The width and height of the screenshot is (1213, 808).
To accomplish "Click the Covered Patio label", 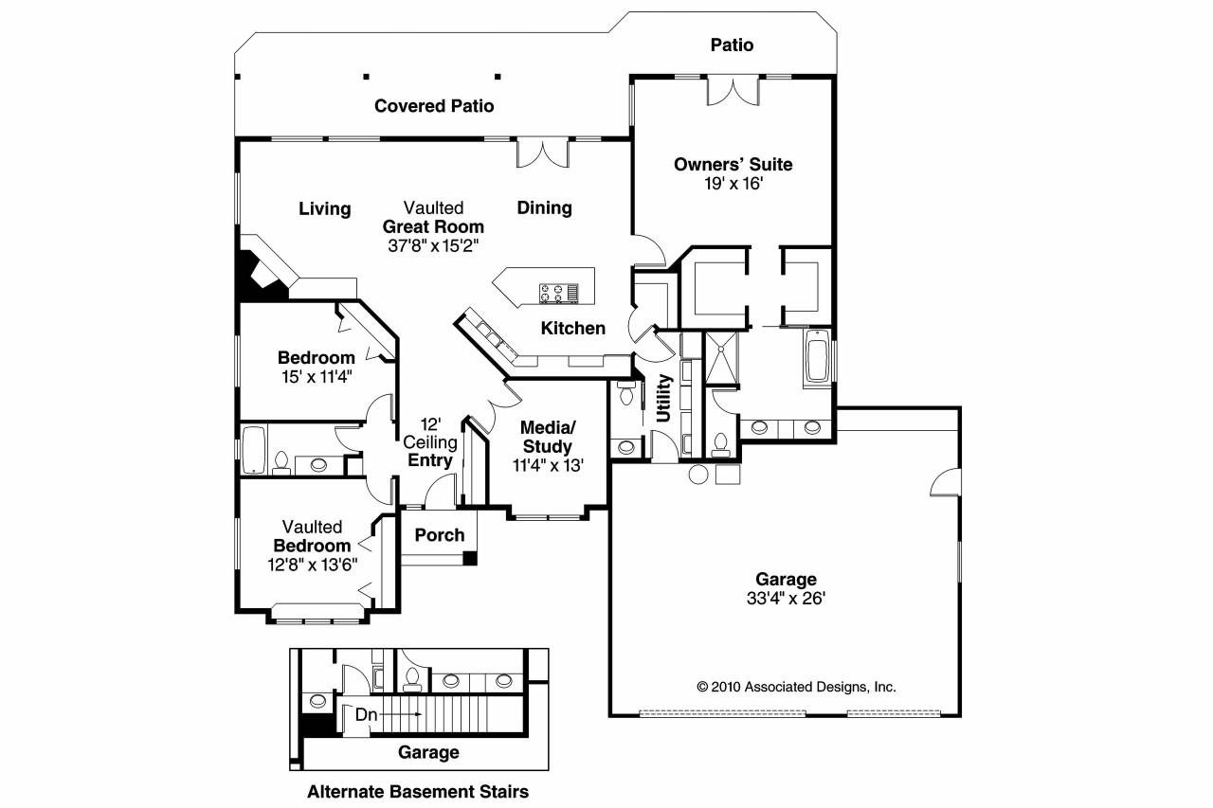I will [434, 106].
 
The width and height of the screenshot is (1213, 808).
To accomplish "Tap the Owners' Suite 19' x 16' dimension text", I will [733, 184].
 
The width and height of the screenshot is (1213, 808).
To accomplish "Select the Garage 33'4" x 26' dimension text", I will [786, 598].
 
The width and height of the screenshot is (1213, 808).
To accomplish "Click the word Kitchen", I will [572, 329].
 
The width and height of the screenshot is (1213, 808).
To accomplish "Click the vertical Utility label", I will [664, 398].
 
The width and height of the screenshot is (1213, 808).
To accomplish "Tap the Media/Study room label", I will [547, 438].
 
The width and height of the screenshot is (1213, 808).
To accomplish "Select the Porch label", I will [440, 535].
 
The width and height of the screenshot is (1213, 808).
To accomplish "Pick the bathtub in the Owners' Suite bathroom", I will [817, 357].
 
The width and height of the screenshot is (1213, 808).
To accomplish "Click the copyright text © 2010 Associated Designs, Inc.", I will [796, 687].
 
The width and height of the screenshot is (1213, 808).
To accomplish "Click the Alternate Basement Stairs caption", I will [418, 790].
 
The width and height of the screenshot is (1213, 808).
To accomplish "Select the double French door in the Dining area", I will [542, 153].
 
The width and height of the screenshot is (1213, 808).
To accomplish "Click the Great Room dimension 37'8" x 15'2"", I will [432, 245].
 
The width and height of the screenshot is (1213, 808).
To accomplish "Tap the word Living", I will [325, 208].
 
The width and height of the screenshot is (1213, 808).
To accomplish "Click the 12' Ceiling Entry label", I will [430, 442].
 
